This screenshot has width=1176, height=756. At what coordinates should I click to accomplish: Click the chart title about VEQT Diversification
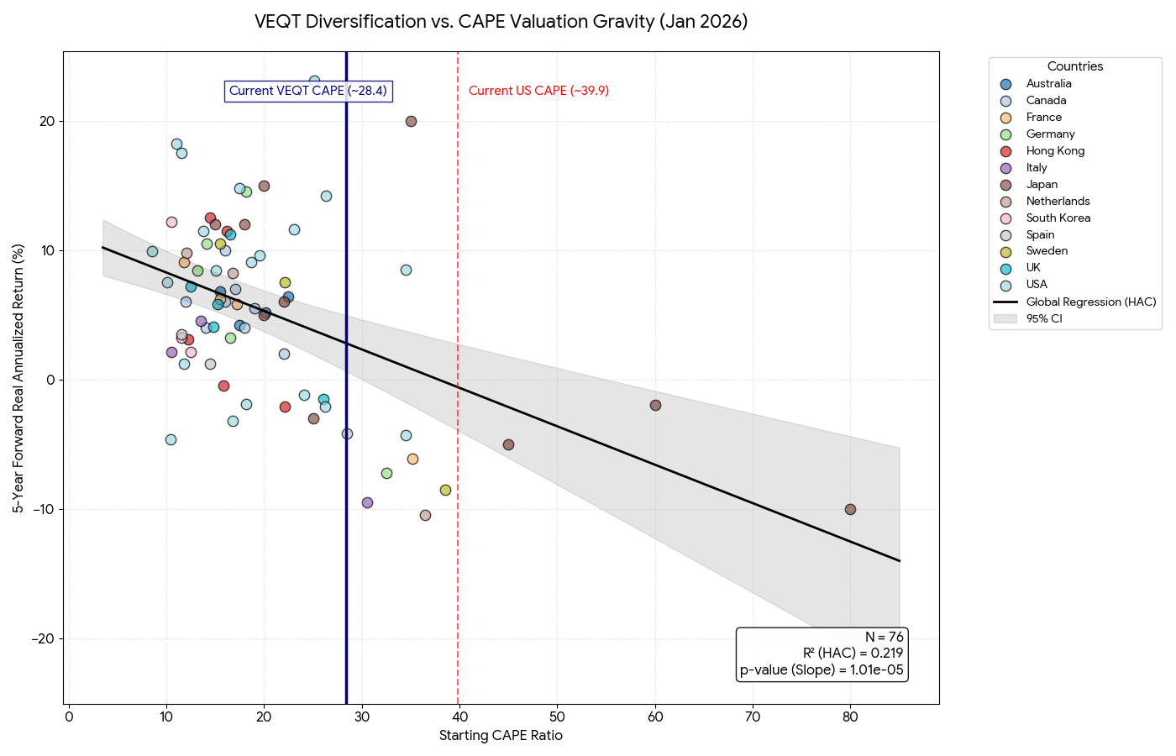(x=501, y=22)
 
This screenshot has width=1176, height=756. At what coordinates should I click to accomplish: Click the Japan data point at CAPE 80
(x=850, y=509)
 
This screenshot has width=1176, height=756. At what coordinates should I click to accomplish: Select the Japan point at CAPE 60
(x=655, y=405)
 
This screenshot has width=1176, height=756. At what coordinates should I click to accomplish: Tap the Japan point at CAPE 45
(x=508, y=444)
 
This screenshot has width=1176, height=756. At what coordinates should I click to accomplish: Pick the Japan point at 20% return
(x=411, y=121)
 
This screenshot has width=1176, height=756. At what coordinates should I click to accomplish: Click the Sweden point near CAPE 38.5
(x=445, y=490)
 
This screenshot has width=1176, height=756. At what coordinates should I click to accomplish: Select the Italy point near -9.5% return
(x=367, y=502)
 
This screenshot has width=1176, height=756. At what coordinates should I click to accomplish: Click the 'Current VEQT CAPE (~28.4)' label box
(x=307, y=91)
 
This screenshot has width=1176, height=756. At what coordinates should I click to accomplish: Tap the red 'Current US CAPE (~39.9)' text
(x=538, y=91)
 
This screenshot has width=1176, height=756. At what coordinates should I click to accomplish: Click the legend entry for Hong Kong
(x=1055, y=151)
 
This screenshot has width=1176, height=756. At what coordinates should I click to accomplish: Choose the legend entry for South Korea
(x=1058, y=218)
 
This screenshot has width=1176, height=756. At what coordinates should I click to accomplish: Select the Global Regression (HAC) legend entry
(x=1090, y=302)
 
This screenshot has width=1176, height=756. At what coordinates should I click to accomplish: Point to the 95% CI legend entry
(x=1044, y=318)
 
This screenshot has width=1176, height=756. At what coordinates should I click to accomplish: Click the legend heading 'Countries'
(x=1074, y=66)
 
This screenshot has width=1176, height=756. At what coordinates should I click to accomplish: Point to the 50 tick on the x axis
(x=557, y=717)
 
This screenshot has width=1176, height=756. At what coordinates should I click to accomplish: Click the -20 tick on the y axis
(x=43, y=639)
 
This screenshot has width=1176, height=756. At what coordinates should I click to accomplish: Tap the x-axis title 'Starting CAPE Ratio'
(x=501, y=736)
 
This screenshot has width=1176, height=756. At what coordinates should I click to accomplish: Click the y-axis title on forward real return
(x=18, y=378)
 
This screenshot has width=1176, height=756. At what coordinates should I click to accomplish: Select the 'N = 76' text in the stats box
(x=884, y=638)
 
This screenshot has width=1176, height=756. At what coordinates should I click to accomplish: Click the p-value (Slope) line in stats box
(x=821, y=670)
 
